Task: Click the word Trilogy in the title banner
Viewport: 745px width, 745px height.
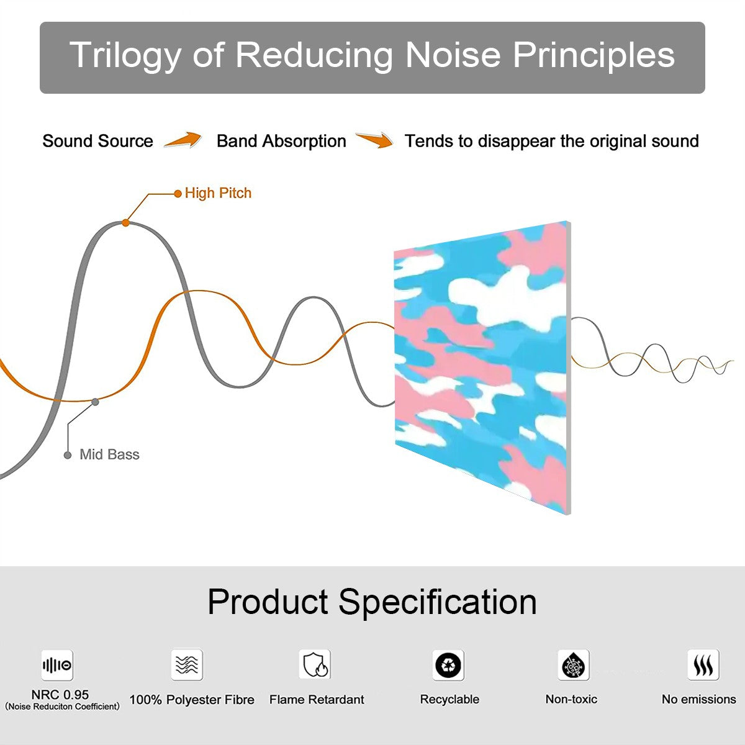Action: point(125,56)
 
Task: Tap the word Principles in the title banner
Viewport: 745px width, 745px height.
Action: point(594,56)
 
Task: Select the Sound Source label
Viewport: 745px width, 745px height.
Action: point(98,141)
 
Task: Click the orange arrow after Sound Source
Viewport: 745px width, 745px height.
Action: point(183,139)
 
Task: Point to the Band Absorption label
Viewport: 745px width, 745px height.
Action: point(281,141)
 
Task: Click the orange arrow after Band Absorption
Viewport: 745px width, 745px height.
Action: point(374,140)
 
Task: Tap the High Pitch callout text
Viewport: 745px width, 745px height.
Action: point(218,193)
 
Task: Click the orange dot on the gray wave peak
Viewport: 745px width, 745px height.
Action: point(125,223)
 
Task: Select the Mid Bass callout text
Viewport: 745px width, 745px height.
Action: point(109,454)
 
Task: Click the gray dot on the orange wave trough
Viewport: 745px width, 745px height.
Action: point(95,402)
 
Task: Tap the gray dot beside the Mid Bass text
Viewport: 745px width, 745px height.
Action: point(68,455)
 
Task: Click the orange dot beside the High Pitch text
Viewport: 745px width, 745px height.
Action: point(178,194)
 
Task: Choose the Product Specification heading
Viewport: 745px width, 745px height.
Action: point(372,602)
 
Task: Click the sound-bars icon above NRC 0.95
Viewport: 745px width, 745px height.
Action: point(57,665)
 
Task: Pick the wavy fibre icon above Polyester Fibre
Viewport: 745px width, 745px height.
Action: point(187,665)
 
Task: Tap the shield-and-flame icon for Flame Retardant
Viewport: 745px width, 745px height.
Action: point(315,664)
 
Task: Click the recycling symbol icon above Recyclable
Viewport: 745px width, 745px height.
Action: point(448,665)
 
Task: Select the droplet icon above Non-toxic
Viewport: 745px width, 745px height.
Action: point(574,665)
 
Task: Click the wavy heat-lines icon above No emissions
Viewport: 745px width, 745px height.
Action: point(703,665)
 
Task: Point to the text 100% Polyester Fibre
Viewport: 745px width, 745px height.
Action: point(192,700)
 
